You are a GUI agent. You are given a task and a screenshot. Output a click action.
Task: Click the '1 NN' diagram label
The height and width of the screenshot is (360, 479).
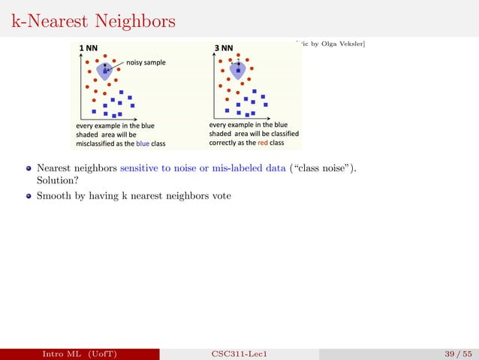[x=89, y=49]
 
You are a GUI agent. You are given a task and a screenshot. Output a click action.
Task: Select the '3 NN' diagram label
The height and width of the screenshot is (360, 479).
[x=224, y=49]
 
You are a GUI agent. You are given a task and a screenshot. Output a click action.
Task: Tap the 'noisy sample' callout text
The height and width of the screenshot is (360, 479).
[x=146, y=62]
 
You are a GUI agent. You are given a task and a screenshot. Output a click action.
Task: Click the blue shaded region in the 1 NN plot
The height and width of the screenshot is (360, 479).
[x=107, y=71]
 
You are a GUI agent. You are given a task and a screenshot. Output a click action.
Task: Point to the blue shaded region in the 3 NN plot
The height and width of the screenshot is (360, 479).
[x=239, y=70]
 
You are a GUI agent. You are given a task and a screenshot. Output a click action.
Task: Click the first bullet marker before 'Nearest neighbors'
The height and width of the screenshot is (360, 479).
[x=28, y=169]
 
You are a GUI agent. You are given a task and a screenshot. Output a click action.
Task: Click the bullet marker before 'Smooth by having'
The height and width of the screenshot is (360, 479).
[x=28, y=196]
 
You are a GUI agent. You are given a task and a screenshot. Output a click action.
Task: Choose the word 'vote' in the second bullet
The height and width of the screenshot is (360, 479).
[x=221, y=196]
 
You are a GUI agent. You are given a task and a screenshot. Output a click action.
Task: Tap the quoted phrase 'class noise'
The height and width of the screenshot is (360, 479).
[x=322, y=169]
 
